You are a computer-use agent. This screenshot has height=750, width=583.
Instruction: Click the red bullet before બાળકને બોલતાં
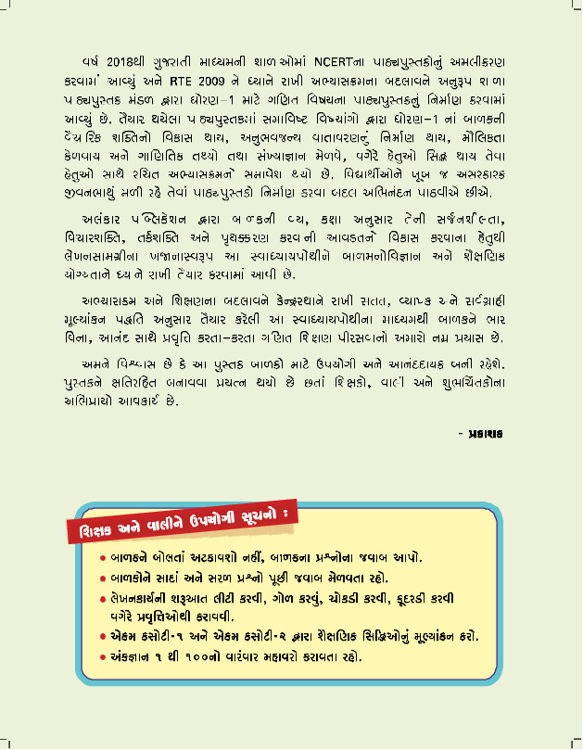(x=104, y=559)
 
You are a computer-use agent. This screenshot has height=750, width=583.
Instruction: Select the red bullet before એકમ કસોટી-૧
(x=104, y=637)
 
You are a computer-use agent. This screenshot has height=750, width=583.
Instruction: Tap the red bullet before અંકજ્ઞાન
(x=104, y=657)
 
